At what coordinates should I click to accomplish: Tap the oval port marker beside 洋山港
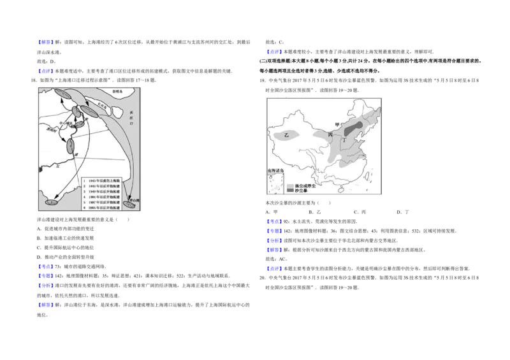click(129, 205)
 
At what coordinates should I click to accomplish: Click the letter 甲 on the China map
click(337, 125)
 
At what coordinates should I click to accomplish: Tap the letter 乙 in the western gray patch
click(286, 135)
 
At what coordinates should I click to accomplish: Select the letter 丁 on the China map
click(344, 141)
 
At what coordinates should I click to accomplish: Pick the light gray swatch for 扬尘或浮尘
click(290, 185)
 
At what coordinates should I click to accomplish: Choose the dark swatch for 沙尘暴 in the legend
click(290, 191)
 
